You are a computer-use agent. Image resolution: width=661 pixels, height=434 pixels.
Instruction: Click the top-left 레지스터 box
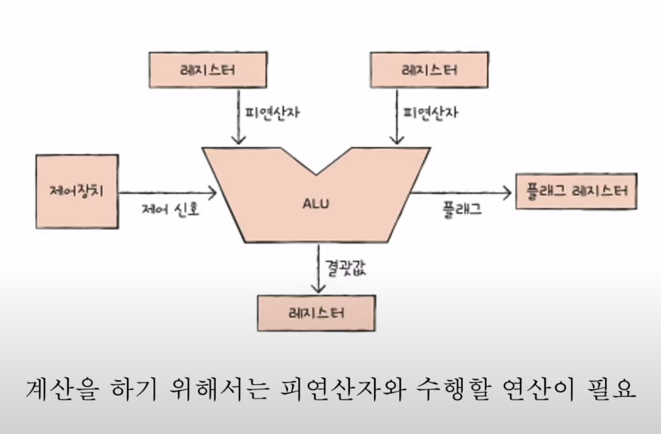pos(199,70)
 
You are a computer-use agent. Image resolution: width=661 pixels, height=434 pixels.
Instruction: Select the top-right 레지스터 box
pos(429,70)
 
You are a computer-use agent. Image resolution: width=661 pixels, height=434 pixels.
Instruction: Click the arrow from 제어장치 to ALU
pos(168,192)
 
